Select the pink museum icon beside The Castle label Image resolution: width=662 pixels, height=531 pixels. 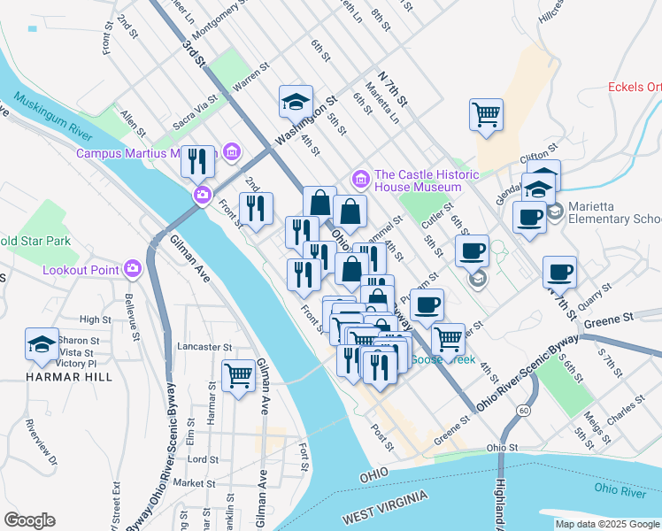pyautogui.click(x=360, y=180)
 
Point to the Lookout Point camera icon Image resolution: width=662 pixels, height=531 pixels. pyautogui.click(x=133, y=266)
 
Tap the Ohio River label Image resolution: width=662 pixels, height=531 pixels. pyautogui.click(x=619, y=488)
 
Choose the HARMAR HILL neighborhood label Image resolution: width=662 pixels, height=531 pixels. pyautogui.click(x=42, y=376)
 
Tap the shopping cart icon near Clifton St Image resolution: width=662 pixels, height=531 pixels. pyautogui.click(x=486, y=113)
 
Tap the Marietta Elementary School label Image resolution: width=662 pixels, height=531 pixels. pyautogui.click(x=611, y=219)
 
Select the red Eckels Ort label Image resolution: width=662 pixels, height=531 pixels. pyautogui.click(x=635, y=87)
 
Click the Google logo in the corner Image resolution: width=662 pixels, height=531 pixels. pyautogui.click(x=29, y=520)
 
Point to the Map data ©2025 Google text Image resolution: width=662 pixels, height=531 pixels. pyautogui.click(x=607, y=524)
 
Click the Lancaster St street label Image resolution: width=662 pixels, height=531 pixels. pyautogui.click(x=204, y=347)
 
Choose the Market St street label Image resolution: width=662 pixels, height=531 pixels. pyautogui.click(x=195, y=483)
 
